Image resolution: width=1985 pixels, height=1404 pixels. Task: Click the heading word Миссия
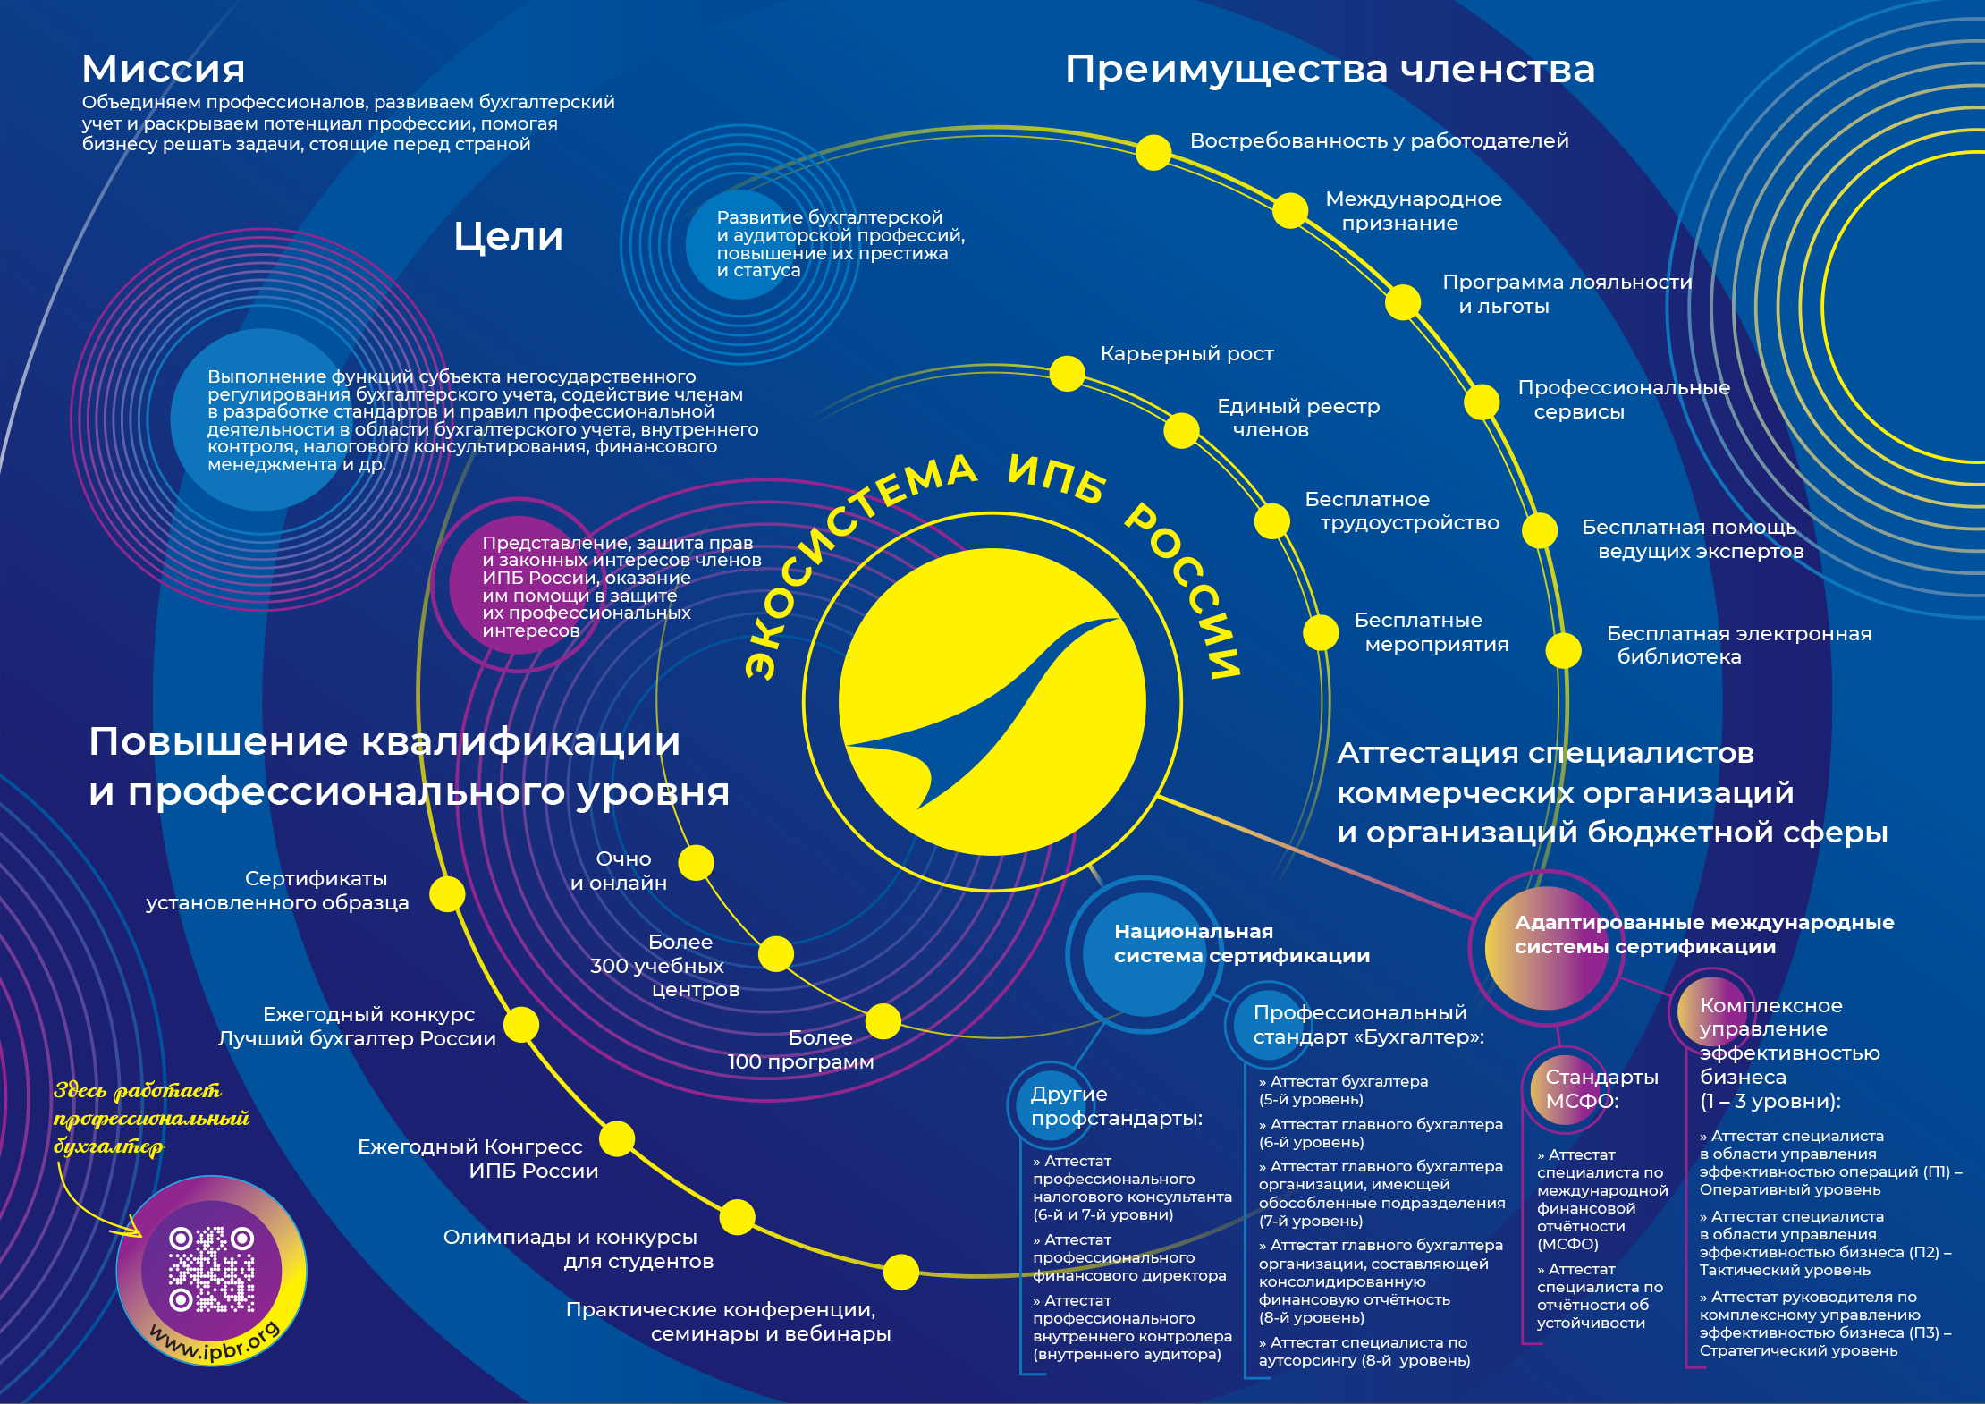163,69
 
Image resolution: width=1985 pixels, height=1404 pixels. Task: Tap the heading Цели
508,236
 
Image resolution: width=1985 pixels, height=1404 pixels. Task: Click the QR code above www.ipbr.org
212,1269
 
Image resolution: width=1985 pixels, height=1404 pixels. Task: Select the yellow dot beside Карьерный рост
1067,373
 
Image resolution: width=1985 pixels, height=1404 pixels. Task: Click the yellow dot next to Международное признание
1289,210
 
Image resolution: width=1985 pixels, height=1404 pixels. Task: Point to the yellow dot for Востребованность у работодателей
1153,152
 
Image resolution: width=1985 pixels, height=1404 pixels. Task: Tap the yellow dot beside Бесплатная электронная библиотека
1563,650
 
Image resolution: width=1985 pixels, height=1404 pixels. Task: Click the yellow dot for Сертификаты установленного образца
447,893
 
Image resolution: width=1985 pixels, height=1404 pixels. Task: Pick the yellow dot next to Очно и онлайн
696,863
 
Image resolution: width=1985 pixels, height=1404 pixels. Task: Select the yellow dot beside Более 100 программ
883,1021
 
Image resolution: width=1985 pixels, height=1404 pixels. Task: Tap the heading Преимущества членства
1330,69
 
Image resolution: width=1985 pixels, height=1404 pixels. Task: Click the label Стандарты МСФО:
1601,1088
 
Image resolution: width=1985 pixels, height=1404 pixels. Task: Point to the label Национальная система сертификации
1241,943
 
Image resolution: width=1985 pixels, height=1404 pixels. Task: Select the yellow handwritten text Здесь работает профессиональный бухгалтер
150,1118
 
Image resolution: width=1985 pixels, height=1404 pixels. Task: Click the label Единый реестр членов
1297,418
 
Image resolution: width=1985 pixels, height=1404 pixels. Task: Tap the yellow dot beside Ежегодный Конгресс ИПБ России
617,1138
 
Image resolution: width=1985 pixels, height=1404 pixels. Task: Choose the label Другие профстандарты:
1116,1106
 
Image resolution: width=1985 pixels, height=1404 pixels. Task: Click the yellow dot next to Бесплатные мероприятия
1321,632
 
